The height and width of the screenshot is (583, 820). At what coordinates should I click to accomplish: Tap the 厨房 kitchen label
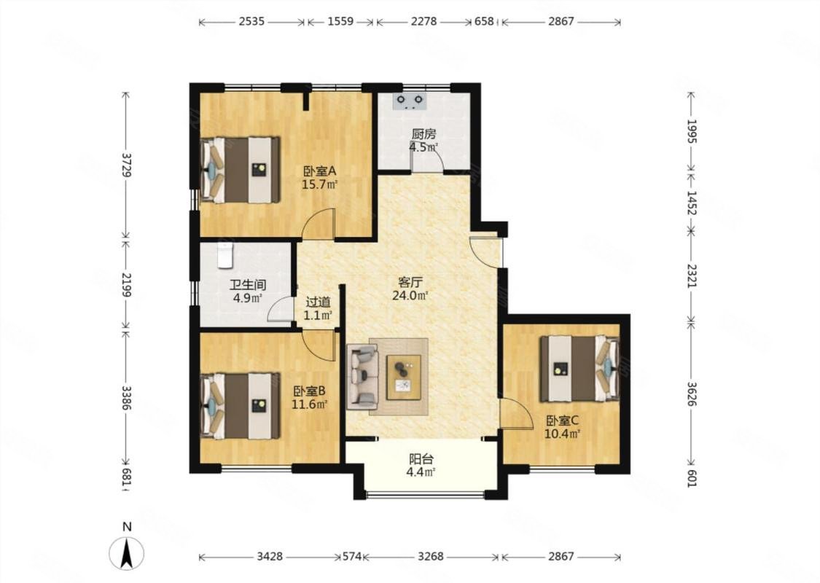(x=423, y=135)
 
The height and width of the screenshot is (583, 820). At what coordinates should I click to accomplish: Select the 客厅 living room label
(x=410, y=283)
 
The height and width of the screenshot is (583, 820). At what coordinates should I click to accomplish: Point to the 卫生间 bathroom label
(x=248, y=286)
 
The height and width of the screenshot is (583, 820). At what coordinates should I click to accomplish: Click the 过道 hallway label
(x=318, y=302)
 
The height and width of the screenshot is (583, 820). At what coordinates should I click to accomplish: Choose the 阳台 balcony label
(x=421, y=460)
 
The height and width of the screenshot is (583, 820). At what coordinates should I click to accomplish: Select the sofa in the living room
(x=362, y=375)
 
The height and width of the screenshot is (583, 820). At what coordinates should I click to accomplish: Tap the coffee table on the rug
(x=403, y=377)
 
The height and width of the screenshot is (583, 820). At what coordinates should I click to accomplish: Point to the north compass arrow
(x=126, y=554)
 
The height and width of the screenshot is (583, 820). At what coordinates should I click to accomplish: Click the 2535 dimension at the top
(x=251, y=22)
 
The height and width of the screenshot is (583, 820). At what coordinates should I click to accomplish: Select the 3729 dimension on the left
(x=125, y=165)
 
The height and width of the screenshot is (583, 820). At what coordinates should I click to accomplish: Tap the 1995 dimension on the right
(x=692, y=131)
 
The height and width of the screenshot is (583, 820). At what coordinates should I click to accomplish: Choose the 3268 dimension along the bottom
(x=430, y=557)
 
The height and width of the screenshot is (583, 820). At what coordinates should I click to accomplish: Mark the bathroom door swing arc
(x=280, y=308)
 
